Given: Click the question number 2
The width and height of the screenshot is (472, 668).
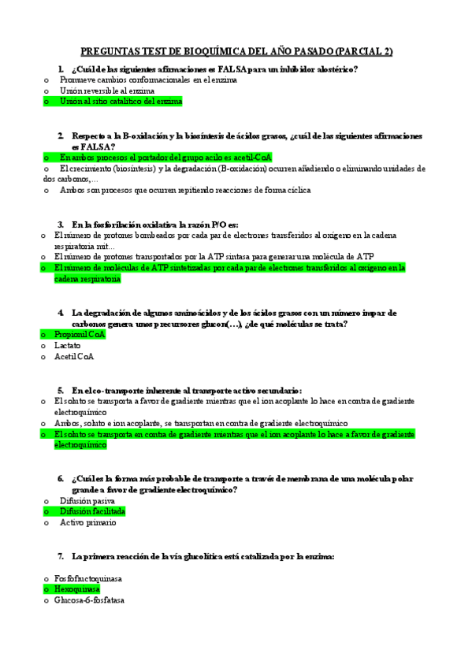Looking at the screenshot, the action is point(61,135).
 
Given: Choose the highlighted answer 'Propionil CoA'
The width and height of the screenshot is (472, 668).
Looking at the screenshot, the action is point(80,334).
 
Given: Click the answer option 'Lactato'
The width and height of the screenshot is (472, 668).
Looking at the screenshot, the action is point(67,345).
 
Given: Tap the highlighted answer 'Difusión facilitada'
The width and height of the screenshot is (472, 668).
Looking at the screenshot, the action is point(92,511).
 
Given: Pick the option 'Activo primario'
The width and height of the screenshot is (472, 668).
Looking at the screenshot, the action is point(87,522).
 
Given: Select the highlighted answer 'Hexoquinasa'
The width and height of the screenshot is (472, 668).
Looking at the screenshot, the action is point(77,589).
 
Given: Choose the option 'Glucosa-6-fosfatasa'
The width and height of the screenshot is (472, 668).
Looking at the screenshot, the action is point(89,600).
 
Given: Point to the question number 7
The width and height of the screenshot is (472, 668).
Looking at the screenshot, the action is point(61,555).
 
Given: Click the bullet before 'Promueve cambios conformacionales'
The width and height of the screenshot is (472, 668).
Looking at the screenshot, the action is point(46,80).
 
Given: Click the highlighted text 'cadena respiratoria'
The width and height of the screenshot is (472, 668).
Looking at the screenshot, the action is point(87,279).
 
